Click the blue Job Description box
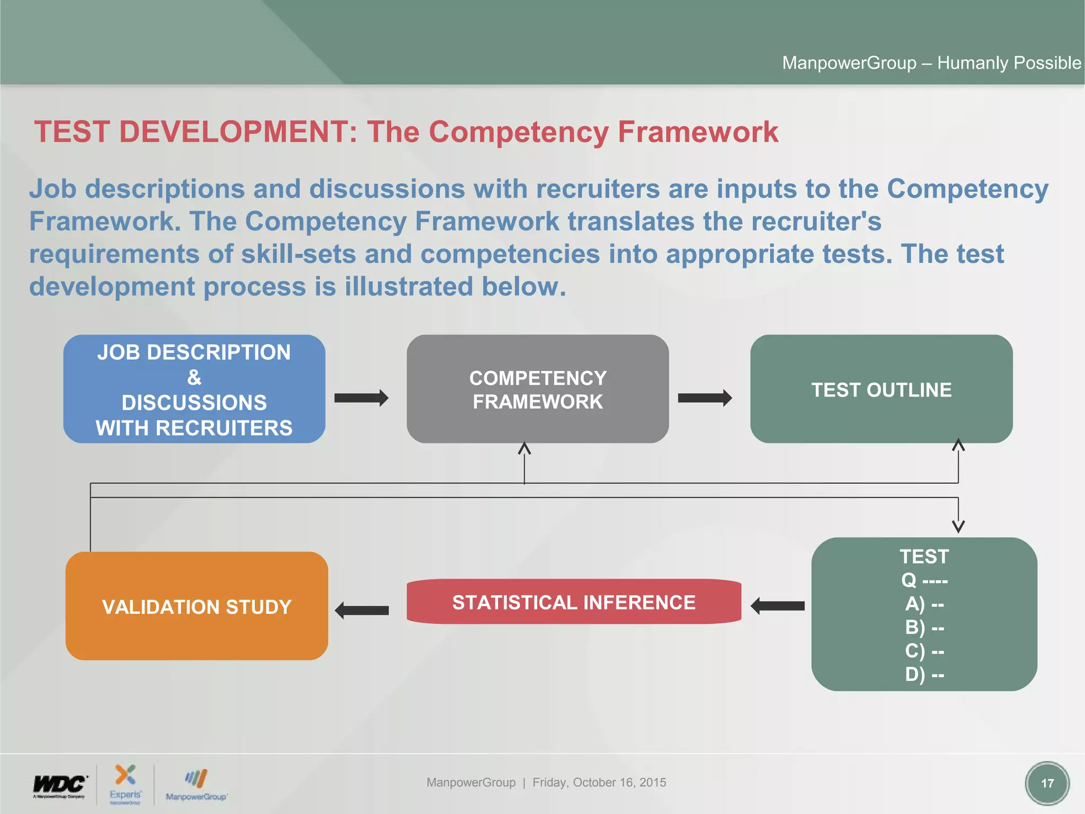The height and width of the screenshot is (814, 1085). pos(194,389)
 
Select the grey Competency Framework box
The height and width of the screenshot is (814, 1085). pos(537,389)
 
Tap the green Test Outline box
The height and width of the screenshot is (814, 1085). pos(881,389)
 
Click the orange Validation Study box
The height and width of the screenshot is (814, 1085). pos(197,606)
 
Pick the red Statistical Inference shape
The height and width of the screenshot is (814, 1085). pos(574,601)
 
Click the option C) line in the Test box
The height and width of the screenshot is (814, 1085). pos(924,650)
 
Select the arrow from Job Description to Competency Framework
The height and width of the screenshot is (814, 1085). pos(361,397)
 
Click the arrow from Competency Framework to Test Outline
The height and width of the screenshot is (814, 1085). pos(705,397)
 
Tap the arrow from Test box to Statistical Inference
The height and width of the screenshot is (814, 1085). pos(778,605)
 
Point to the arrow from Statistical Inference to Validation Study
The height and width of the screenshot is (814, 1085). pos(362,610)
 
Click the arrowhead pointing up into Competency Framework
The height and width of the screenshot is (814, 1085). pos(524,449)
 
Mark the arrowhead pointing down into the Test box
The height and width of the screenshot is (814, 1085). pos(958,526)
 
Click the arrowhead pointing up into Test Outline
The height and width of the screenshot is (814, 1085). pos(958,445)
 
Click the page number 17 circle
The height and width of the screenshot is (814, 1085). pos(1047,783)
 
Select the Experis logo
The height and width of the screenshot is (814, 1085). pos(126,784)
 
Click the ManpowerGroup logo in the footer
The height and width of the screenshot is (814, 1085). pos(196,785)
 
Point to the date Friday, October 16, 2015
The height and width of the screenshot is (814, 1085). pos(599,782)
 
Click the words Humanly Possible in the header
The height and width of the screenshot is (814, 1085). pos(1009,63)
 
